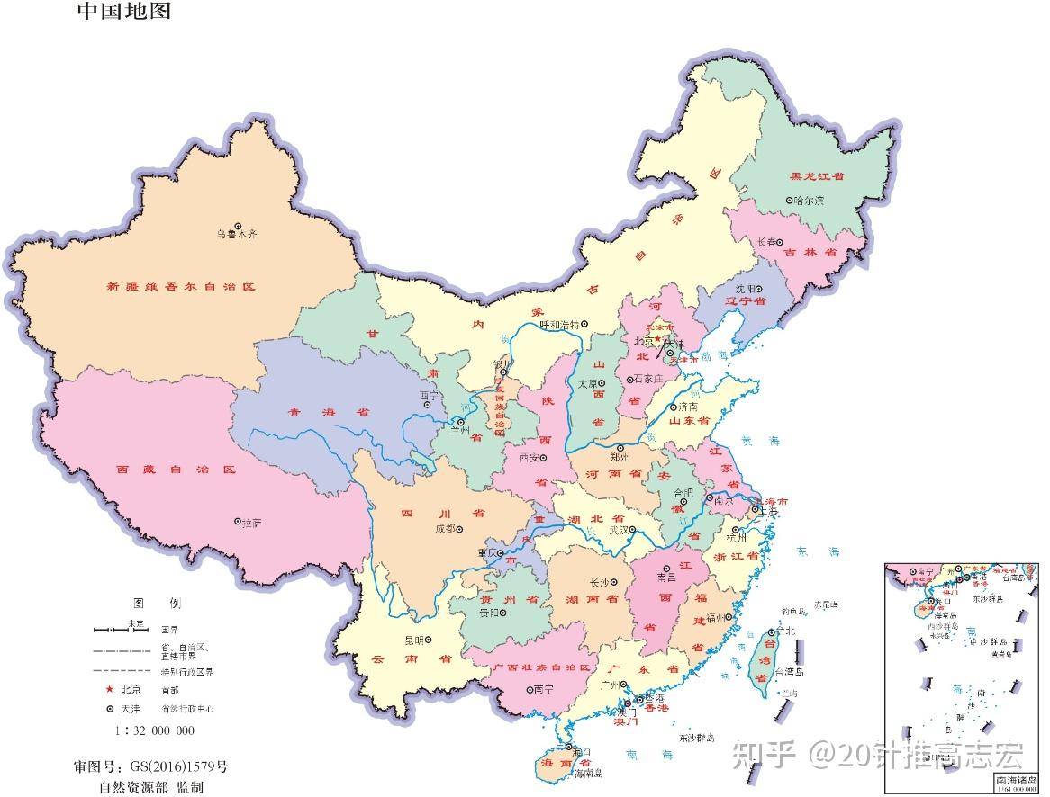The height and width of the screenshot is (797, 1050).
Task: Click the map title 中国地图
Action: [x=123, y=12]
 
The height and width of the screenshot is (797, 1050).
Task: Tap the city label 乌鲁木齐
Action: [x=237, y=235]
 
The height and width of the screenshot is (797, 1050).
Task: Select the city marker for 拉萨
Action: [x=238, y=521]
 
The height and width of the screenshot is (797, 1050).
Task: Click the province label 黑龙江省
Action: [x=817, y=177]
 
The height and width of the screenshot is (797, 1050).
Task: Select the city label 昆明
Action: [x=413, y=640]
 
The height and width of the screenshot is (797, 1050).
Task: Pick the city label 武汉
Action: [x=618, y=531]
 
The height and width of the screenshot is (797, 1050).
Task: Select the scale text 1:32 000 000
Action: [x=154, y=730]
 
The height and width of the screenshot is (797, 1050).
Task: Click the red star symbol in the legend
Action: [x=110, y=690]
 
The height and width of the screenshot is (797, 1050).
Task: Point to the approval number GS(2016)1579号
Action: [x=150, y=766]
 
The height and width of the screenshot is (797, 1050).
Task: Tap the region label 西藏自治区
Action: [x=176, y=470]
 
